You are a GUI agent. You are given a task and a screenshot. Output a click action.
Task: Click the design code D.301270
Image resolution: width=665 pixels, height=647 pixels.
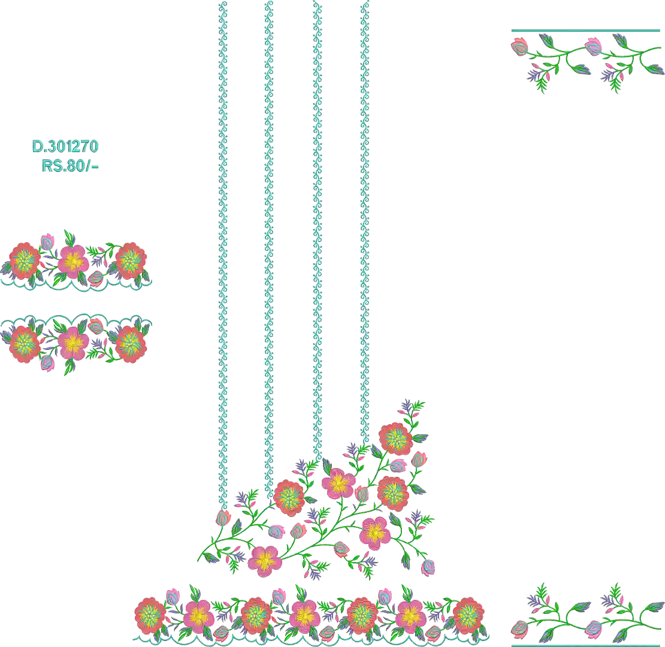point(65,147)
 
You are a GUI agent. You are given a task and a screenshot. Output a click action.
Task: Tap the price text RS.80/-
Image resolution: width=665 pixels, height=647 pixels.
point(70,166)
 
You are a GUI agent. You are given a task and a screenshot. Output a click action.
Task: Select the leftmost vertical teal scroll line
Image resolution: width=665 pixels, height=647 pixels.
point(223,255)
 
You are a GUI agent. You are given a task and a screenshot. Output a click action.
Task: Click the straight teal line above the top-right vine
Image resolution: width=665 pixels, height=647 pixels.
point(586,31)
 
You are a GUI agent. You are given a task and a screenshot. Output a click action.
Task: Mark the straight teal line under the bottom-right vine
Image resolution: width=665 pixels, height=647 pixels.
point(588,645)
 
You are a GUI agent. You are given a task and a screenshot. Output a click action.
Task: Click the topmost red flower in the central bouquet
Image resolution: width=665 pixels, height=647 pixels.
point(395,439)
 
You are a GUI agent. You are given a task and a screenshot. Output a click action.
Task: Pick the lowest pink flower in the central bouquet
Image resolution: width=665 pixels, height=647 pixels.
point(265,561)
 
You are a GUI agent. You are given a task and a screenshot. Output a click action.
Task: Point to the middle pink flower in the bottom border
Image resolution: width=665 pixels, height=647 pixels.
point(305,616)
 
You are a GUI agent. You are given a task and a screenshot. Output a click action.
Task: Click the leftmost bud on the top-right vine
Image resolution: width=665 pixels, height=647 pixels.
point(519,46)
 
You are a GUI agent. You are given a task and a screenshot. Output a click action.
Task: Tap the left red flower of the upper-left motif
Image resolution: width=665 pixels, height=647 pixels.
point(25,261)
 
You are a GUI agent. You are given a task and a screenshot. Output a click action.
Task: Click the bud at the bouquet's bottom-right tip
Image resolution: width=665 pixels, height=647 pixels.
point(428,567)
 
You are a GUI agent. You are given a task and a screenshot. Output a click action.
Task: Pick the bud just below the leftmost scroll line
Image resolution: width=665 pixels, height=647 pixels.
point(223,518)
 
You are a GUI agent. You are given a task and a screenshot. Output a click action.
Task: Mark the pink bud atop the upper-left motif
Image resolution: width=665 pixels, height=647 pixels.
point(47,241)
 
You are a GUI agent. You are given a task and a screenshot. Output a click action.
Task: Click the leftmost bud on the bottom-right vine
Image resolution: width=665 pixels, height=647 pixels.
point(519,630)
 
